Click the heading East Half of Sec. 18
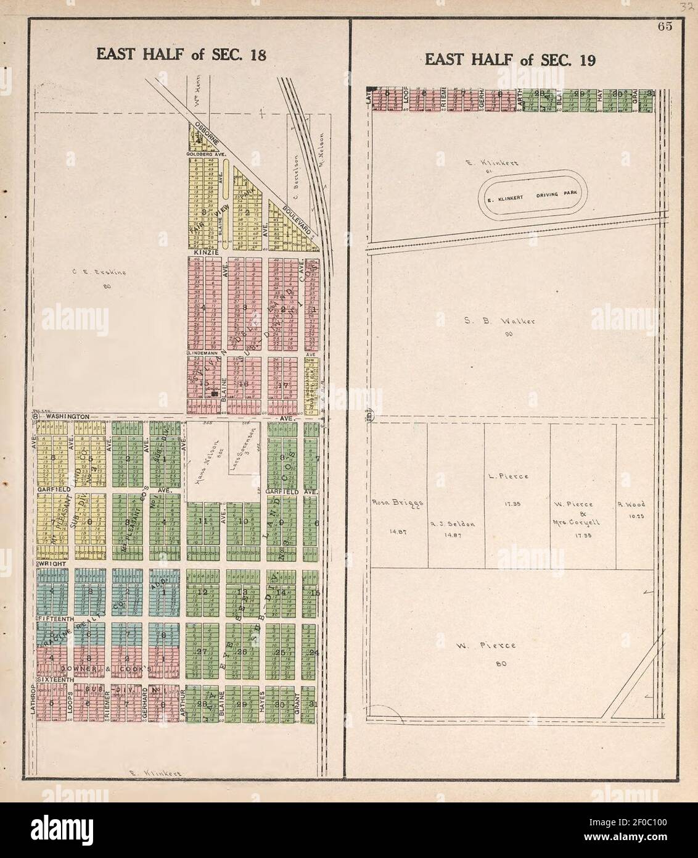[x=181, y=55]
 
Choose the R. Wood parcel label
[x=630, y=504]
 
